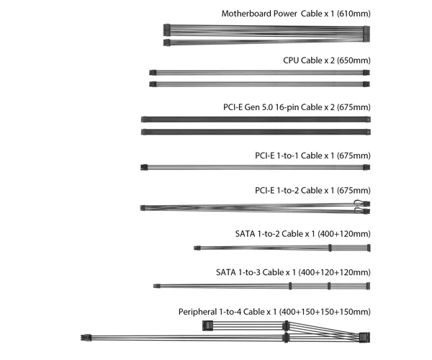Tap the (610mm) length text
pyautogui.click(x=354, y=14)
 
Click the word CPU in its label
pyautogui.click(x=291, y=60)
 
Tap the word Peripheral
pyautogui.click(x=197, y=312)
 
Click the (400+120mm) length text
pyautogui.click(x=344, y=234)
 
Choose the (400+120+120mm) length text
pyautogui.click(x=334, y=272)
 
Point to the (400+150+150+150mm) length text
pyautogui.click(x=325, y=312)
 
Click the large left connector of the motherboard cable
pyautogui.click(x=167, y=30)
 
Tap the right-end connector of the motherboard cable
pyautogui.click(x=366, y=34)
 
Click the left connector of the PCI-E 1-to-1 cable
pyautogui.click(x=144, y=167)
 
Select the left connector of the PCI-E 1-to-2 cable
pyautogui.click(x=143, y=208)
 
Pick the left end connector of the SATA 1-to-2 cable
pyautogui.click(x=197, y=248)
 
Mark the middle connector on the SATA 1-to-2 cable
pyautogui.click(x=330, y=248)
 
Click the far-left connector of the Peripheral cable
pyautogui.click(x=86, y=338)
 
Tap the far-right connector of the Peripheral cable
pyautogui.click(x=364, y=338)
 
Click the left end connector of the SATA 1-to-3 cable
pyautogui.click(x=156, y=286)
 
